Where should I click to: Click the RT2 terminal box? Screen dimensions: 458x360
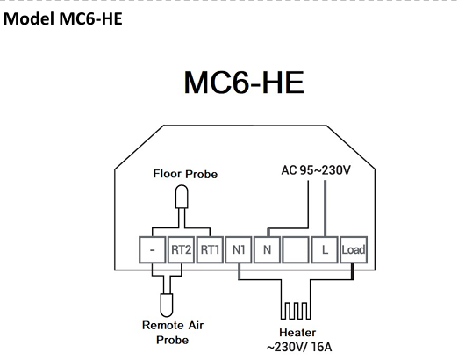181,249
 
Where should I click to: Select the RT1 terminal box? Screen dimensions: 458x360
210,249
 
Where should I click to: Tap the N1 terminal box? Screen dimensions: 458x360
239,249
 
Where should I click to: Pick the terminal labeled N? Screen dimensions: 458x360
267,249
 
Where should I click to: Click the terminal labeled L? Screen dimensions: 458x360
325,249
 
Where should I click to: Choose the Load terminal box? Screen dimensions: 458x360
354,249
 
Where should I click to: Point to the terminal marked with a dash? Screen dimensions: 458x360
152,249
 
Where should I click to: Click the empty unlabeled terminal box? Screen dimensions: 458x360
296,249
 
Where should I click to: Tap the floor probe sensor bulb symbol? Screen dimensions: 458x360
182,197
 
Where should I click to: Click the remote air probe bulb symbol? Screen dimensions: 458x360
167,305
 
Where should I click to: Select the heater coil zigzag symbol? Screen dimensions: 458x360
296,311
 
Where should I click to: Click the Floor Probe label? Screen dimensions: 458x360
185,174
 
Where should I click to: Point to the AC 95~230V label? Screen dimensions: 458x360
316,170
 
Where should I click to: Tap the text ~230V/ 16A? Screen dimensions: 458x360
299,347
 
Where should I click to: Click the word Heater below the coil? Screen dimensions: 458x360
297,333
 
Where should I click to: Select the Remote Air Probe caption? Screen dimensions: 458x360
173,333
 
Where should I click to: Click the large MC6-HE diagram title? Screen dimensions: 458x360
244,83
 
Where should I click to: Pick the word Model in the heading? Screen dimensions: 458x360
29,18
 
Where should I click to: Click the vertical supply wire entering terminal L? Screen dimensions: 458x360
325,208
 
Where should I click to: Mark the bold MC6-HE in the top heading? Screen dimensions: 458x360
90,18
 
